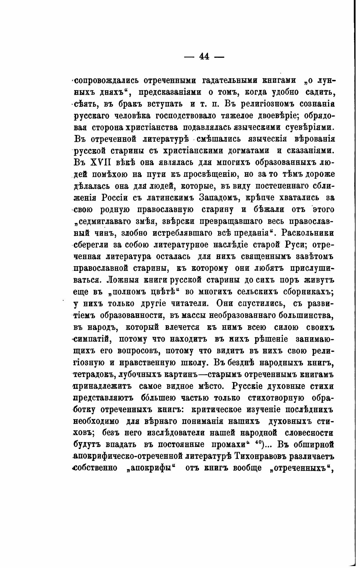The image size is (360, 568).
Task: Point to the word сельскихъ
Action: point(253,292)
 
